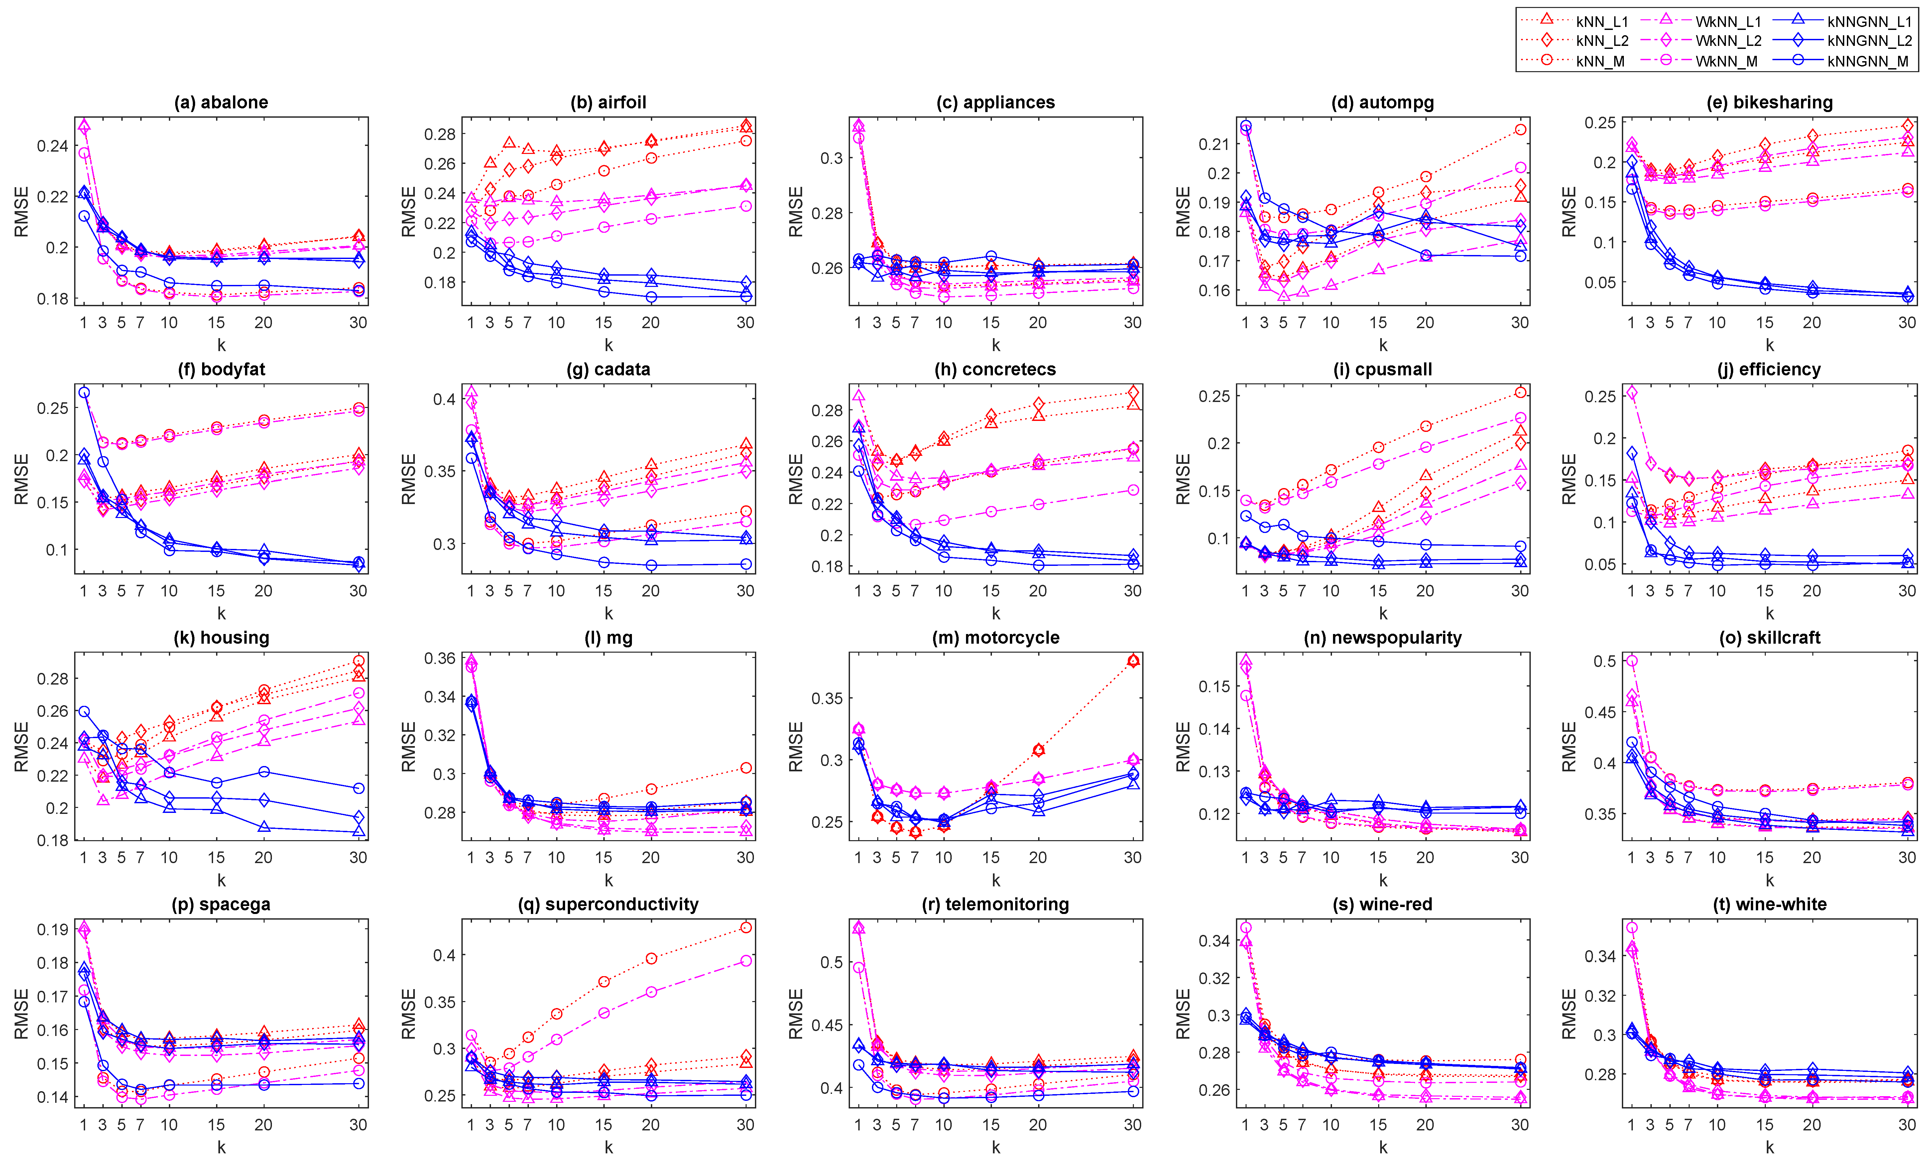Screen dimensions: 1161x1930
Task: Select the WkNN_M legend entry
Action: [x=1726, y=61]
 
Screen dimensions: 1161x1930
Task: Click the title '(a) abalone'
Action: [x=221, y=102]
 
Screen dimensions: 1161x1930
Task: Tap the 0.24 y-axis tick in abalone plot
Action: [x=53, y=146]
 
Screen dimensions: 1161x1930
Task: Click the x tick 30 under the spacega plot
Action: [x=358, y=1125]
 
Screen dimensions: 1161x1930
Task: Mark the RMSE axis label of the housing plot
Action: [x=21, y=746]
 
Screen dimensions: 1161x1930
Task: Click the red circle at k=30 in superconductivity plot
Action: [x=745, y=927]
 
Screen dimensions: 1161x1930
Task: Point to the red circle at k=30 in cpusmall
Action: [x=1519, y=393]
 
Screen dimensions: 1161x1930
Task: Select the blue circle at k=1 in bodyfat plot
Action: [x=84, y=393]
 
